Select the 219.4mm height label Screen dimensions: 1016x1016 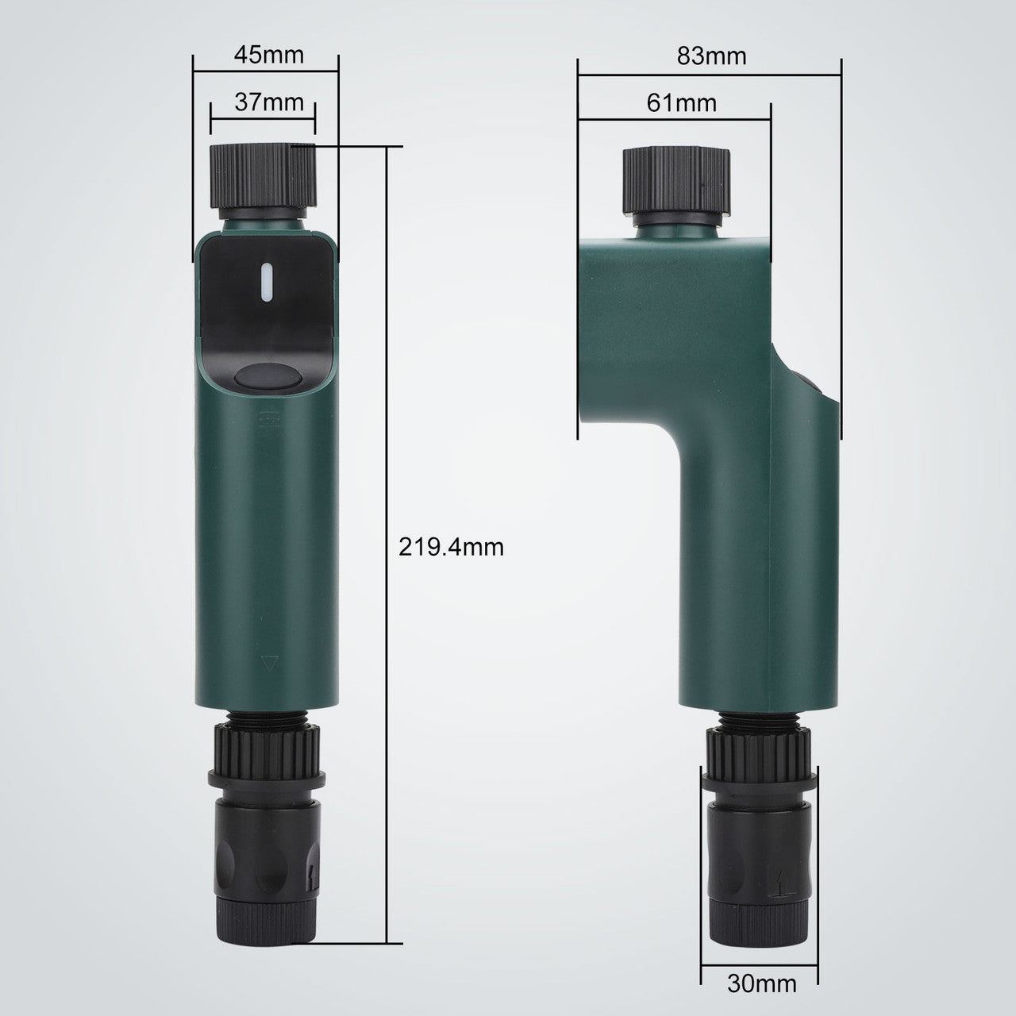click(452, 547)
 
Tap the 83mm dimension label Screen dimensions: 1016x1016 click(711, 56)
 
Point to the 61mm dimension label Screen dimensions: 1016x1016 click(681, 102)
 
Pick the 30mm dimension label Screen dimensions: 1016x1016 click(761, 983)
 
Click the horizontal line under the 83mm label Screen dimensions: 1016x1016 click(709, 75)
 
